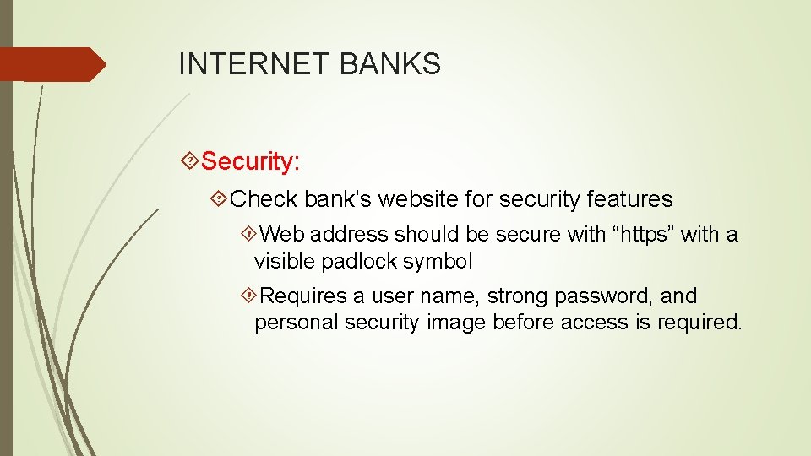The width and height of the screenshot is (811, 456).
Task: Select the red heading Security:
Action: pyautogui.click(x=251, y=160)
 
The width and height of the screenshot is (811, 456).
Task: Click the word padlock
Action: pyautogui.click(x=360, y=262)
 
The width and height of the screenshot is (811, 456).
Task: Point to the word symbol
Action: pyautogui.click(x=438, y=262)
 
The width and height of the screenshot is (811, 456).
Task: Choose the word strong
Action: pyautogui.click(x=517, y=296)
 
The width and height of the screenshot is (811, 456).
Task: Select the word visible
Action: pyautogui.click(x=285, y=262)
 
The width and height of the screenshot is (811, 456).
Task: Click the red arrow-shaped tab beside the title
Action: pyautogui.click(x=51, y=64)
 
